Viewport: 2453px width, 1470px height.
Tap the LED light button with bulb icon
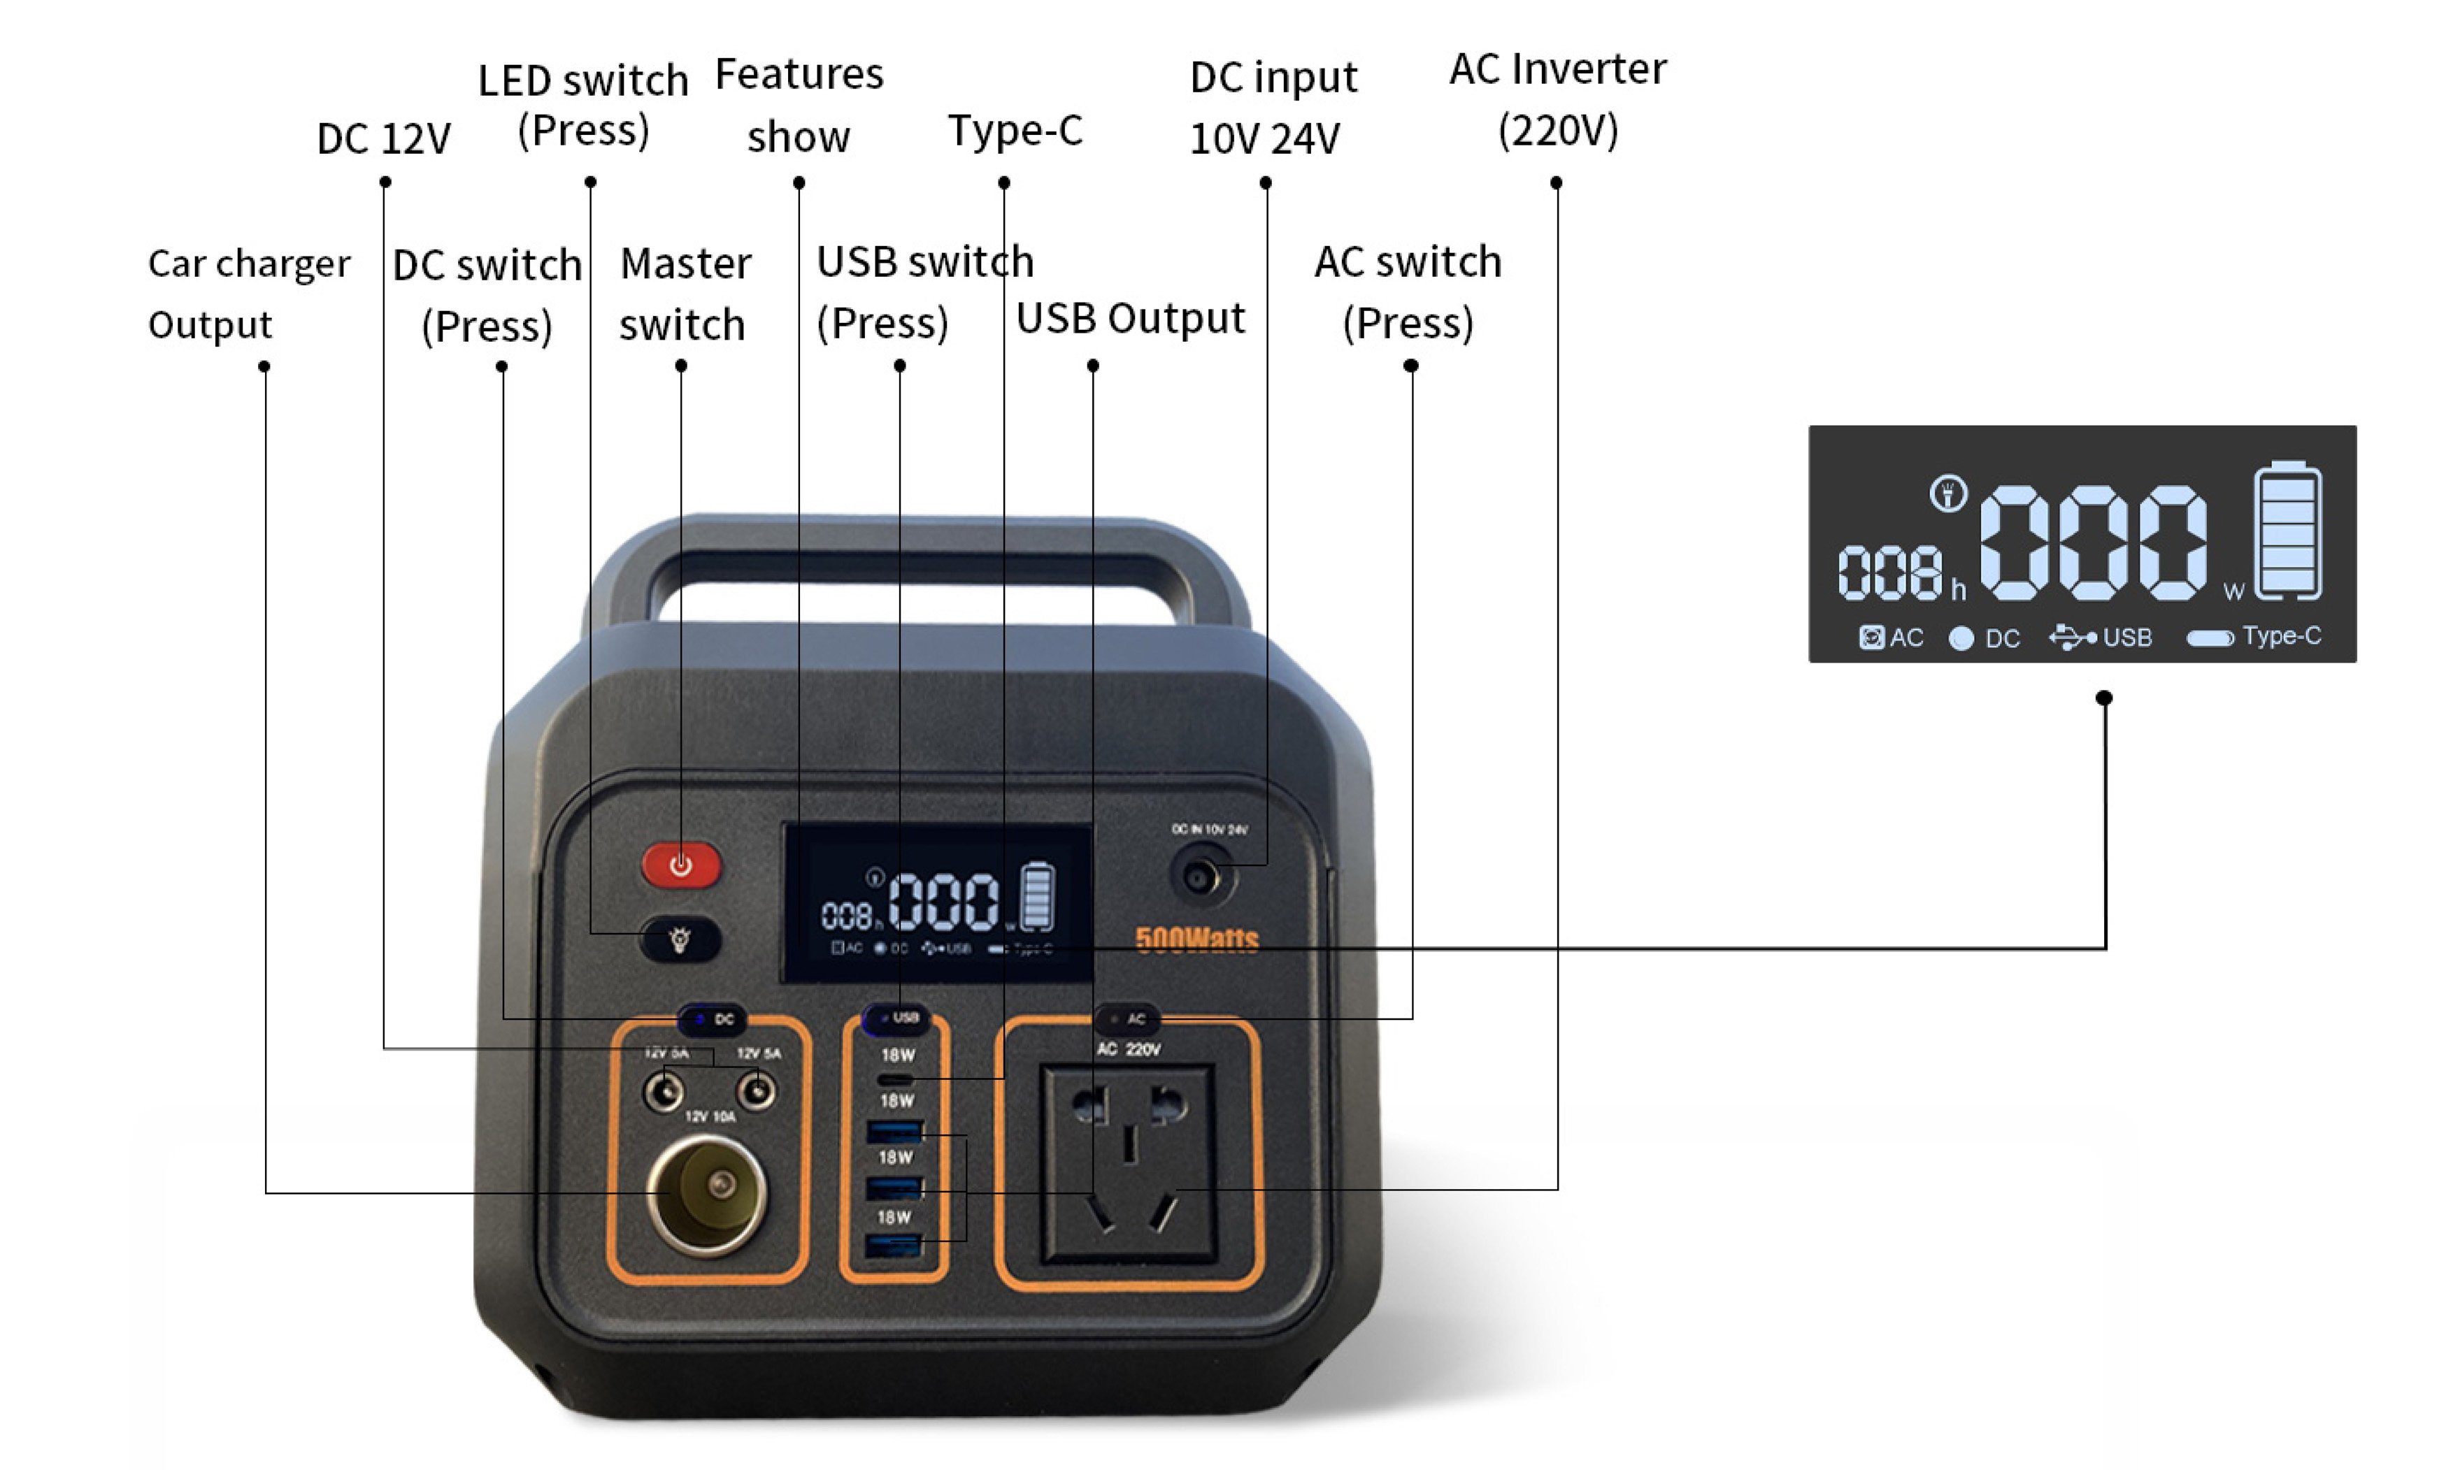680,939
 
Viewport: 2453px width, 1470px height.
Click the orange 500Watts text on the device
1196,939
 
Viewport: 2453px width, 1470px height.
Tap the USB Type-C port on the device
896,1079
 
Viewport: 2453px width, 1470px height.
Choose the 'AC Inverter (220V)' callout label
1557,99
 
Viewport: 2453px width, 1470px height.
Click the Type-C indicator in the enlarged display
2253,637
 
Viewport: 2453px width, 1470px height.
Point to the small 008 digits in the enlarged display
1889,575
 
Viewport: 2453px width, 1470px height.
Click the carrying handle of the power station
917,555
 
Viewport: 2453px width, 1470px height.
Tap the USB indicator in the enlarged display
2101,637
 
